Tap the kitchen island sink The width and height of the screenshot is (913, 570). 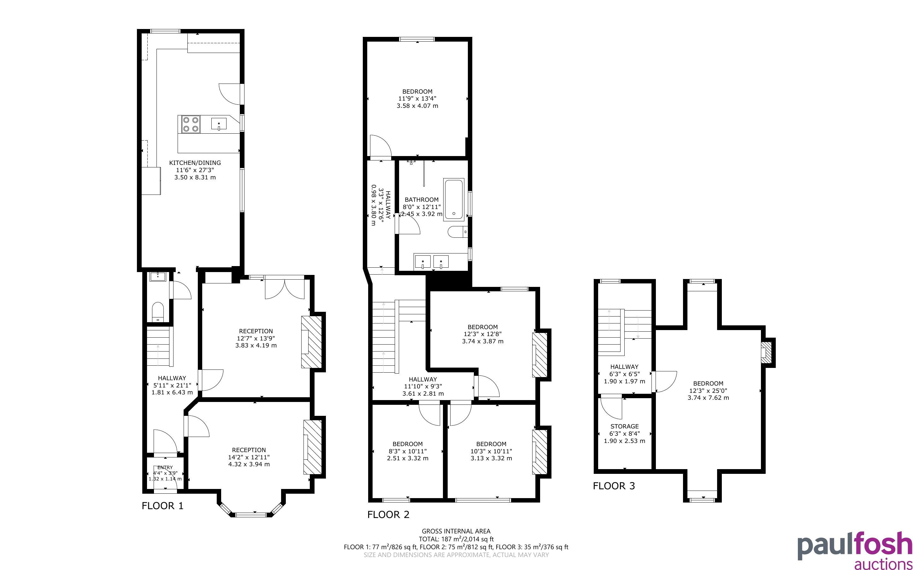pos(219,124)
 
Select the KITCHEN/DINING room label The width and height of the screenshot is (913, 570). pos(195,163)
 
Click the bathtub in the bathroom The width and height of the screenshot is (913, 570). pos(454,200)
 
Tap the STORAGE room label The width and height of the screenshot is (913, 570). pos(625,426)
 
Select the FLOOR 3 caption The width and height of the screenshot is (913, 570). pos(614,486)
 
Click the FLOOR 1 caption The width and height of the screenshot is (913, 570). pos(162,506)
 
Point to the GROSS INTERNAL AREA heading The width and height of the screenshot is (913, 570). pos(456,531)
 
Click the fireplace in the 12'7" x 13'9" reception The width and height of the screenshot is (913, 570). pos(311,341)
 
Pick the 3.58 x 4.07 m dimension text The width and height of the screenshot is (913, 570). pos(417,106)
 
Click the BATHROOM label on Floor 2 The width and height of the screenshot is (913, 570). pos(421,200)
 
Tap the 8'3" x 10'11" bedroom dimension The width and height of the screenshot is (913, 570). pos(408,451)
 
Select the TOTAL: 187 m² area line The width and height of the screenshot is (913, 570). pos(456,539)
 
